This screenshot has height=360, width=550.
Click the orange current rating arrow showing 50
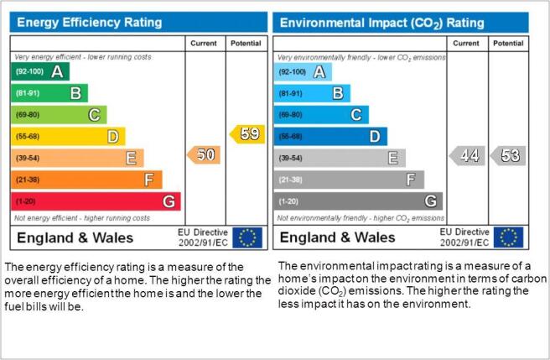click(x=204, y=155)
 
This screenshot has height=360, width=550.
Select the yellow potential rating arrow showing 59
click(x=247, y=134)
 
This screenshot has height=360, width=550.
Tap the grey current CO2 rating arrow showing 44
click(x=467, y=155)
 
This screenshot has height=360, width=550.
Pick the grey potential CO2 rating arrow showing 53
click(x=507, y=155)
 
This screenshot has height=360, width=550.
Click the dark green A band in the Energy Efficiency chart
click(x=40, y=71)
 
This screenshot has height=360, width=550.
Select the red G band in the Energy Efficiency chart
click(x=96, y=201)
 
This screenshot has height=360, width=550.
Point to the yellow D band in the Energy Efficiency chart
click(x=68, y=137)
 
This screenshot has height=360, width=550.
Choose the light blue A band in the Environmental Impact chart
click(x=303, y=72)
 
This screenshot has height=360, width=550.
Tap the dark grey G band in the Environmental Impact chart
click(x=358, y=201)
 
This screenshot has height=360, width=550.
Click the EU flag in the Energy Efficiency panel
click(x=247, y=237)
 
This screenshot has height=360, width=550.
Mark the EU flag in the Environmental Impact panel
click(x=508, y=237)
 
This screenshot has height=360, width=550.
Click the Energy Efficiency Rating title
click(x=90, y=23)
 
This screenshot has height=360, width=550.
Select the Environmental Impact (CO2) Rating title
click(x=382, y=23)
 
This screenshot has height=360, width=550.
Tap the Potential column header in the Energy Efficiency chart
click(x=246, y=43)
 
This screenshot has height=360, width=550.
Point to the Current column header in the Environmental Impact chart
click(x=466, y=43)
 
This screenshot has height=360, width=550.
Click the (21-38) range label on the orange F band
click(x=28, y=180)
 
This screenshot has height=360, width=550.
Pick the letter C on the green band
click(x=94, y=115)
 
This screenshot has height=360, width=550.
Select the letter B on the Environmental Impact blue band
click(x=338, y=93)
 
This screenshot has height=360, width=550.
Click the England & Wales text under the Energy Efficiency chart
click(x=75, y=237)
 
